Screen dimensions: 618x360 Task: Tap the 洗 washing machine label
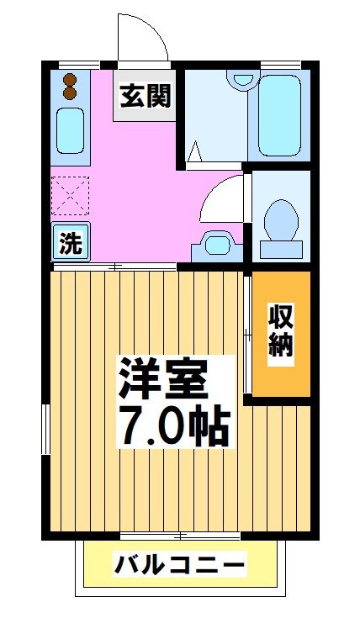(71, 244)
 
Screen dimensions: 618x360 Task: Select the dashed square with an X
(70, 196)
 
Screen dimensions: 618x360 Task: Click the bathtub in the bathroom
(283, 115)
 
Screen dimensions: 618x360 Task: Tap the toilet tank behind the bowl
(280, 249)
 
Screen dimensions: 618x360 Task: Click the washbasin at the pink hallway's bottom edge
(218, 246)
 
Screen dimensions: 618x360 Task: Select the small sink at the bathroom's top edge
(243, 80)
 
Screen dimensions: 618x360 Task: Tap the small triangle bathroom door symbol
(194, 152)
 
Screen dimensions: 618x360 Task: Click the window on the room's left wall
(46, 428)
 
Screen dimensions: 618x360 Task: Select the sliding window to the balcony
(180, 535)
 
